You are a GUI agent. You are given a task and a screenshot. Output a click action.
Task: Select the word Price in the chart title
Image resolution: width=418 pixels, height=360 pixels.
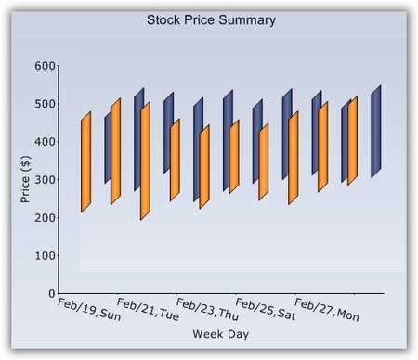(203, 19)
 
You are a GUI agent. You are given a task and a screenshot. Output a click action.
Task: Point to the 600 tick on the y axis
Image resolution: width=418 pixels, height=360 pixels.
(45, 66)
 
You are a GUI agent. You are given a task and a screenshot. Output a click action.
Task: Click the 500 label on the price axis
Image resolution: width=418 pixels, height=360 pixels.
(45, 104)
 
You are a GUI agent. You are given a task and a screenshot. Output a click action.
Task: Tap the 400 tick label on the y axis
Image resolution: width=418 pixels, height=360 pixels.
(45, 142)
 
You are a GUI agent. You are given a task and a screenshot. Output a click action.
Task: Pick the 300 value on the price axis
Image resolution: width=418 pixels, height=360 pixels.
(45, 180)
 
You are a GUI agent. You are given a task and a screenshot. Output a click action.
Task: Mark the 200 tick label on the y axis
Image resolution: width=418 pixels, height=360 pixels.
(45, 218)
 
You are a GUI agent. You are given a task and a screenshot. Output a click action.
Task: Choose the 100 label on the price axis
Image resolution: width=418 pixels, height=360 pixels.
(45, 255)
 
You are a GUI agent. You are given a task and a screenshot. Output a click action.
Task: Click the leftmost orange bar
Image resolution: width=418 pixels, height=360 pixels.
(85, 162)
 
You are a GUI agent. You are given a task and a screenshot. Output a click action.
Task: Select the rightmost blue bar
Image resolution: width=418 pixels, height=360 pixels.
(376, 131)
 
